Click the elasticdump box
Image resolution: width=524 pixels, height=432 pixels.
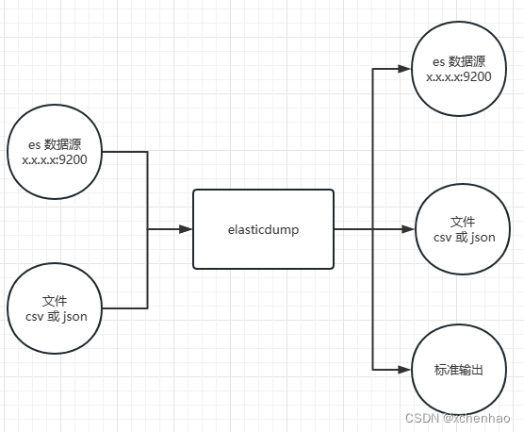[263, 228]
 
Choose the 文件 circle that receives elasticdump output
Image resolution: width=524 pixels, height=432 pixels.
[457, 228]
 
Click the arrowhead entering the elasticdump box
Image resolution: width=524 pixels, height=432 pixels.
[187, 228]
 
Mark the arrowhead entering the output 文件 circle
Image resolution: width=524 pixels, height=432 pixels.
[408, 228]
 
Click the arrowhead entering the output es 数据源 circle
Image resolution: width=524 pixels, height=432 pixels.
[408, 69]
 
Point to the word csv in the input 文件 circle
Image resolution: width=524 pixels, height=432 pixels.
[37, 317]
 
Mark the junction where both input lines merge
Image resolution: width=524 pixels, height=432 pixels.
[148, 228]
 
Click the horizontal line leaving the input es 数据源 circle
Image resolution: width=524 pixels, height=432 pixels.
[124, 153]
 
